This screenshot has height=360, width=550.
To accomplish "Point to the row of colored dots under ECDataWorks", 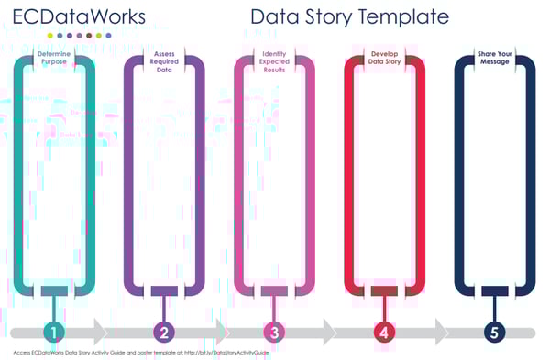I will pyautogui.click(x=80, y=36).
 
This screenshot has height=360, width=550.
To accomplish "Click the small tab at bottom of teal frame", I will pyautogui.click(x=55, y=291).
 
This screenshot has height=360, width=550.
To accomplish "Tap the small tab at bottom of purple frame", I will pyautogui.click(x=165, y=291).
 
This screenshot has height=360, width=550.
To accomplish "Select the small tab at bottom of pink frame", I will pyautogui.click(x=274, y=291).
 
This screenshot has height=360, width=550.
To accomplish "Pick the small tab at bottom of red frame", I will pyautogui.click(x=384, y=291).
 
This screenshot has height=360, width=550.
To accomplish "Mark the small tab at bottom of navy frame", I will pyautogui.click(x=494, y=291).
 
